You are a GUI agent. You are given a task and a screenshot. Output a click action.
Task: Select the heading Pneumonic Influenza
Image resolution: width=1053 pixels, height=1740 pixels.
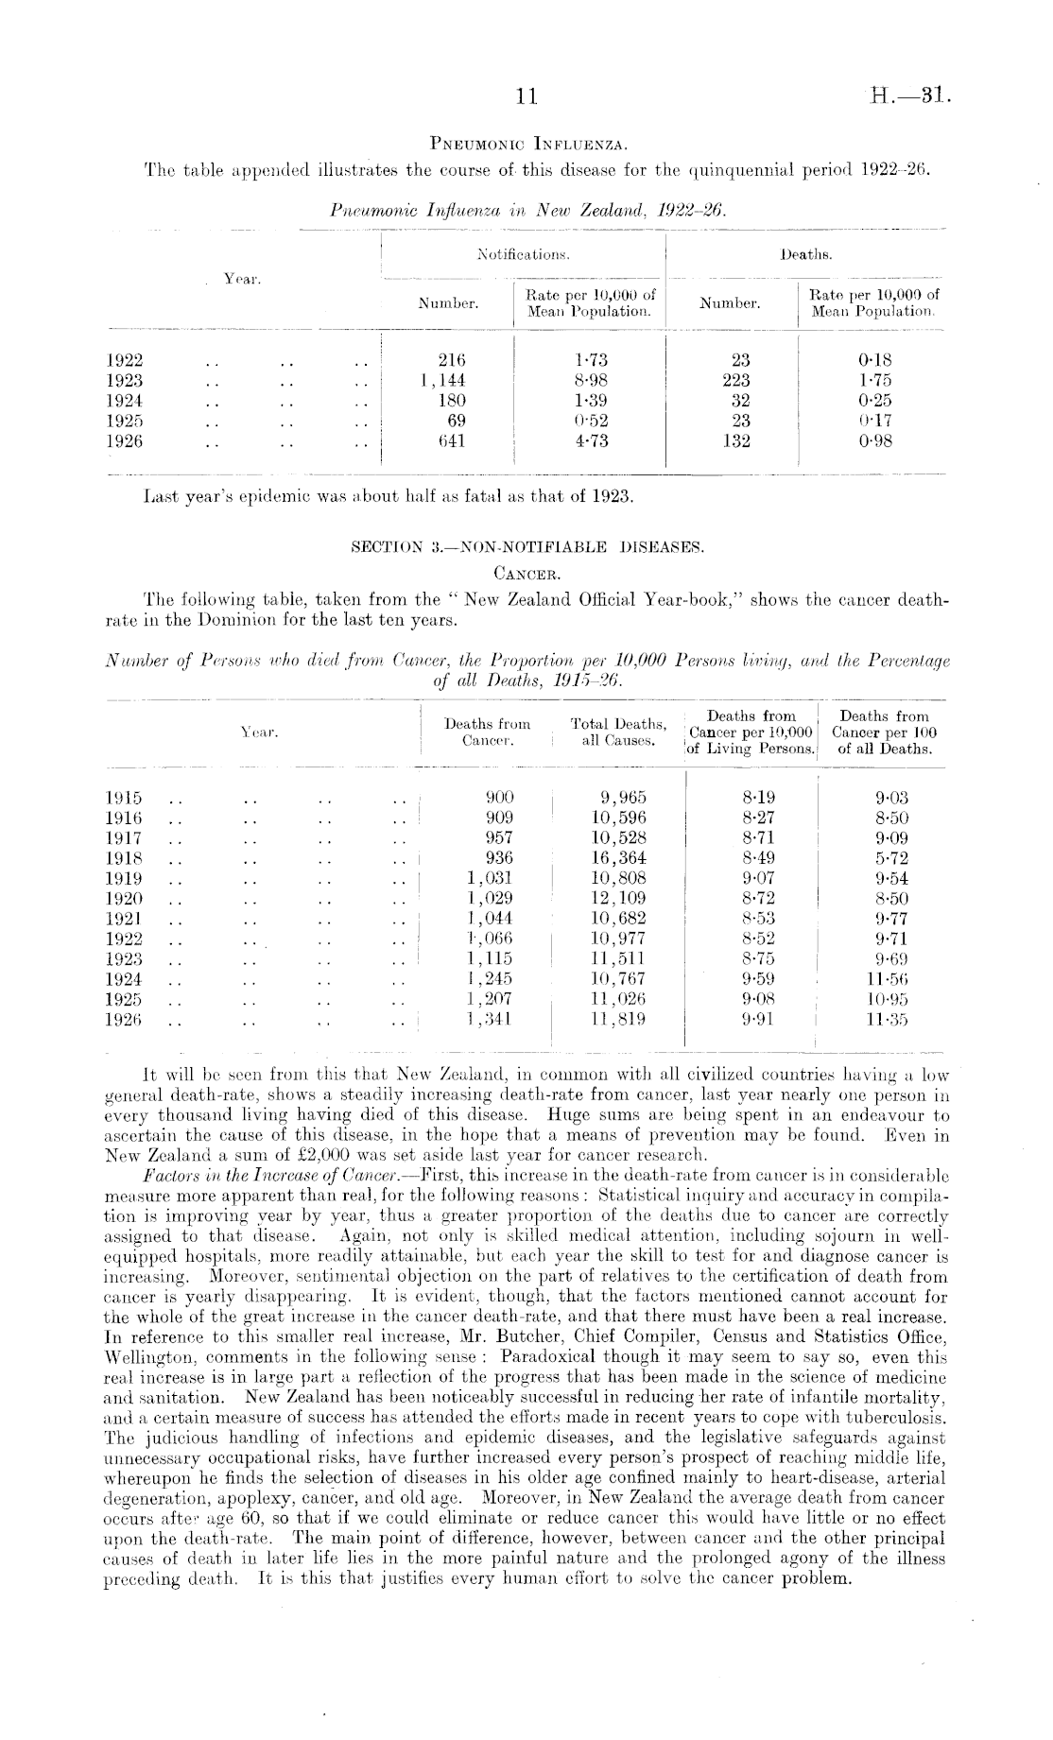point(526,146)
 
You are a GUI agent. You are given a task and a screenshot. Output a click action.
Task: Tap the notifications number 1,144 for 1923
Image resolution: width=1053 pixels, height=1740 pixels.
point(441,380)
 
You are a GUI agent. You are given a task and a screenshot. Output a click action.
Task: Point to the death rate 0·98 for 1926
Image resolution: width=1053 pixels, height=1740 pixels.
point(875,440)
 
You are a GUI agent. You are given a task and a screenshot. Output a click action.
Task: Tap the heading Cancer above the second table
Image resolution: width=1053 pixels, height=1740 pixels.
point(526,572)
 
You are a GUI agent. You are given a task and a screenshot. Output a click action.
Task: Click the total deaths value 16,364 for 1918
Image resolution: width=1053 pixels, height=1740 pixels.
point(617,858)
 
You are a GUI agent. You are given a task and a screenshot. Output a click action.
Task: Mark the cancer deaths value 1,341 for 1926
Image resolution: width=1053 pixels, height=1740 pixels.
point(491,1019)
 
